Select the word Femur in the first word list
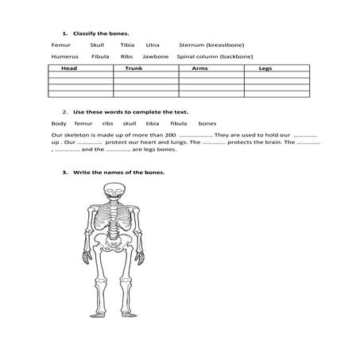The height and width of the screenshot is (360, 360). [61, 46]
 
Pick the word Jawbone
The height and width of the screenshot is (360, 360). [156, 57]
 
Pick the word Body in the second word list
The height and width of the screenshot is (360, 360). [59, 124]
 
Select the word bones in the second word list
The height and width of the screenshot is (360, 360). [207, 124]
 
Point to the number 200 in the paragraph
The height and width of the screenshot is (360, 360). [169, 135]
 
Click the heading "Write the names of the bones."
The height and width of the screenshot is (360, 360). [118, 172]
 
